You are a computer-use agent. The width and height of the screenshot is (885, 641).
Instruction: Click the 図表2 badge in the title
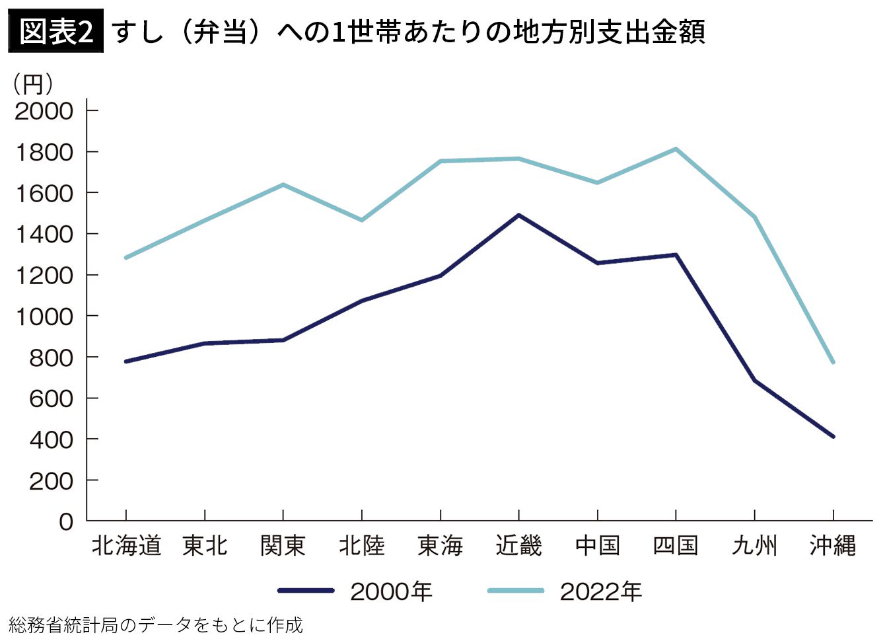[x=56, y=31]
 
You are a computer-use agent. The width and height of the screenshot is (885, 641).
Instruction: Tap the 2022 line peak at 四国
[x=676, y=149]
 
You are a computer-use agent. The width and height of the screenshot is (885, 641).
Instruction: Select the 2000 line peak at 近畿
[x=518, y=215]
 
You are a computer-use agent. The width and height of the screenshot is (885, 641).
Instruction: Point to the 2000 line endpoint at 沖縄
[x=833, y=436]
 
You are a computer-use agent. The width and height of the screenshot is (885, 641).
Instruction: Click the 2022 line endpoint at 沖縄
[x=833, y=362]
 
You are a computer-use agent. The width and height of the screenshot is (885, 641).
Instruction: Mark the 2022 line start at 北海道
[x=125, y=258]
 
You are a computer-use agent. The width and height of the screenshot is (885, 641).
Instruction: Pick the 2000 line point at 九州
[x=754, y=381]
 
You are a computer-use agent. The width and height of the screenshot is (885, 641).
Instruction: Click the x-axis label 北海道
[x=125, y=546]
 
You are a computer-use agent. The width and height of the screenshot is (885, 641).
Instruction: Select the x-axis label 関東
[x=283, y=546]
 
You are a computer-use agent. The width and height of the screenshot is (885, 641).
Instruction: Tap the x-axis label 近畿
[x=518, y=546]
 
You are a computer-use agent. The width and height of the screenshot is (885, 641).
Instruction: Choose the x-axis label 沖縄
[x=833, y=546]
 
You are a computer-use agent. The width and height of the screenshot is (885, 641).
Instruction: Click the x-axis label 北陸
[x=361, y=546]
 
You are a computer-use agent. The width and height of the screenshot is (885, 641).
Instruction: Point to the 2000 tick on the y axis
[x=44, y=110]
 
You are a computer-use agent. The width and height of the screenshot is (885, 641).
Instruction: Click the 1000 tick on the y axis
[x=44, y=317]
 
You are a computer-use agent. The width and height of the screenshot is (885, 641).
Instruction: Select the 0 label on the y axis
[x=66, y=522]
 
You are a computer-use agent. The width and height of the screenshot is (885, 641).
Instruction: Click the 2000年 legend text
[x=391, y=591]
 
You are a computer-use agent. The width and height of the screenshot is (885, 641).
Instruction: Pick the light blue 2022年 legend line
[x=516, y=591]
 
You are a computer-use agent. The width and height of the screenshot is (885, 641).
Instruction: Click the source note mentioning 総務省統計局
[x=156, y=625]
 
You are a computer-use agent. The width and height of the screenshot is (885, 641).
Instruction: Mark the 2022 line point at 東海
[x=440, y=161]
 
